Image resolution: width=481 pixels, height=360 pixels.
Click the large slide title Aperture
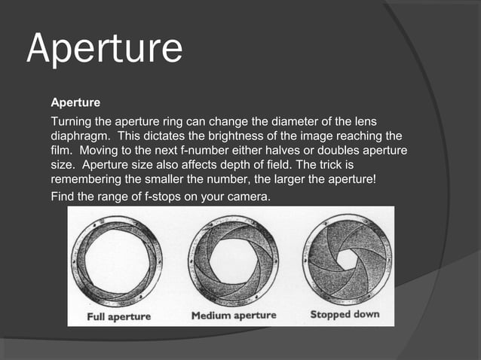click(104, 47)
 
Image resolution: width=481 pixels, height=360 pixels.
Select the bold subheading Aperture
click(75, 100)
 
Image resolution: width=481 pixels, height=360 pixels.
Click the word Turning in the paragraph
click(72, 121)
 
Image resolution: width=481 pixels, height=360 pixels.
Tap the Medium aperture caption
click(233, 315)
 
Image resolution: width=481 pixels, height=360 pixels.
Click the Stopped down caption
click(345, 314)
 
